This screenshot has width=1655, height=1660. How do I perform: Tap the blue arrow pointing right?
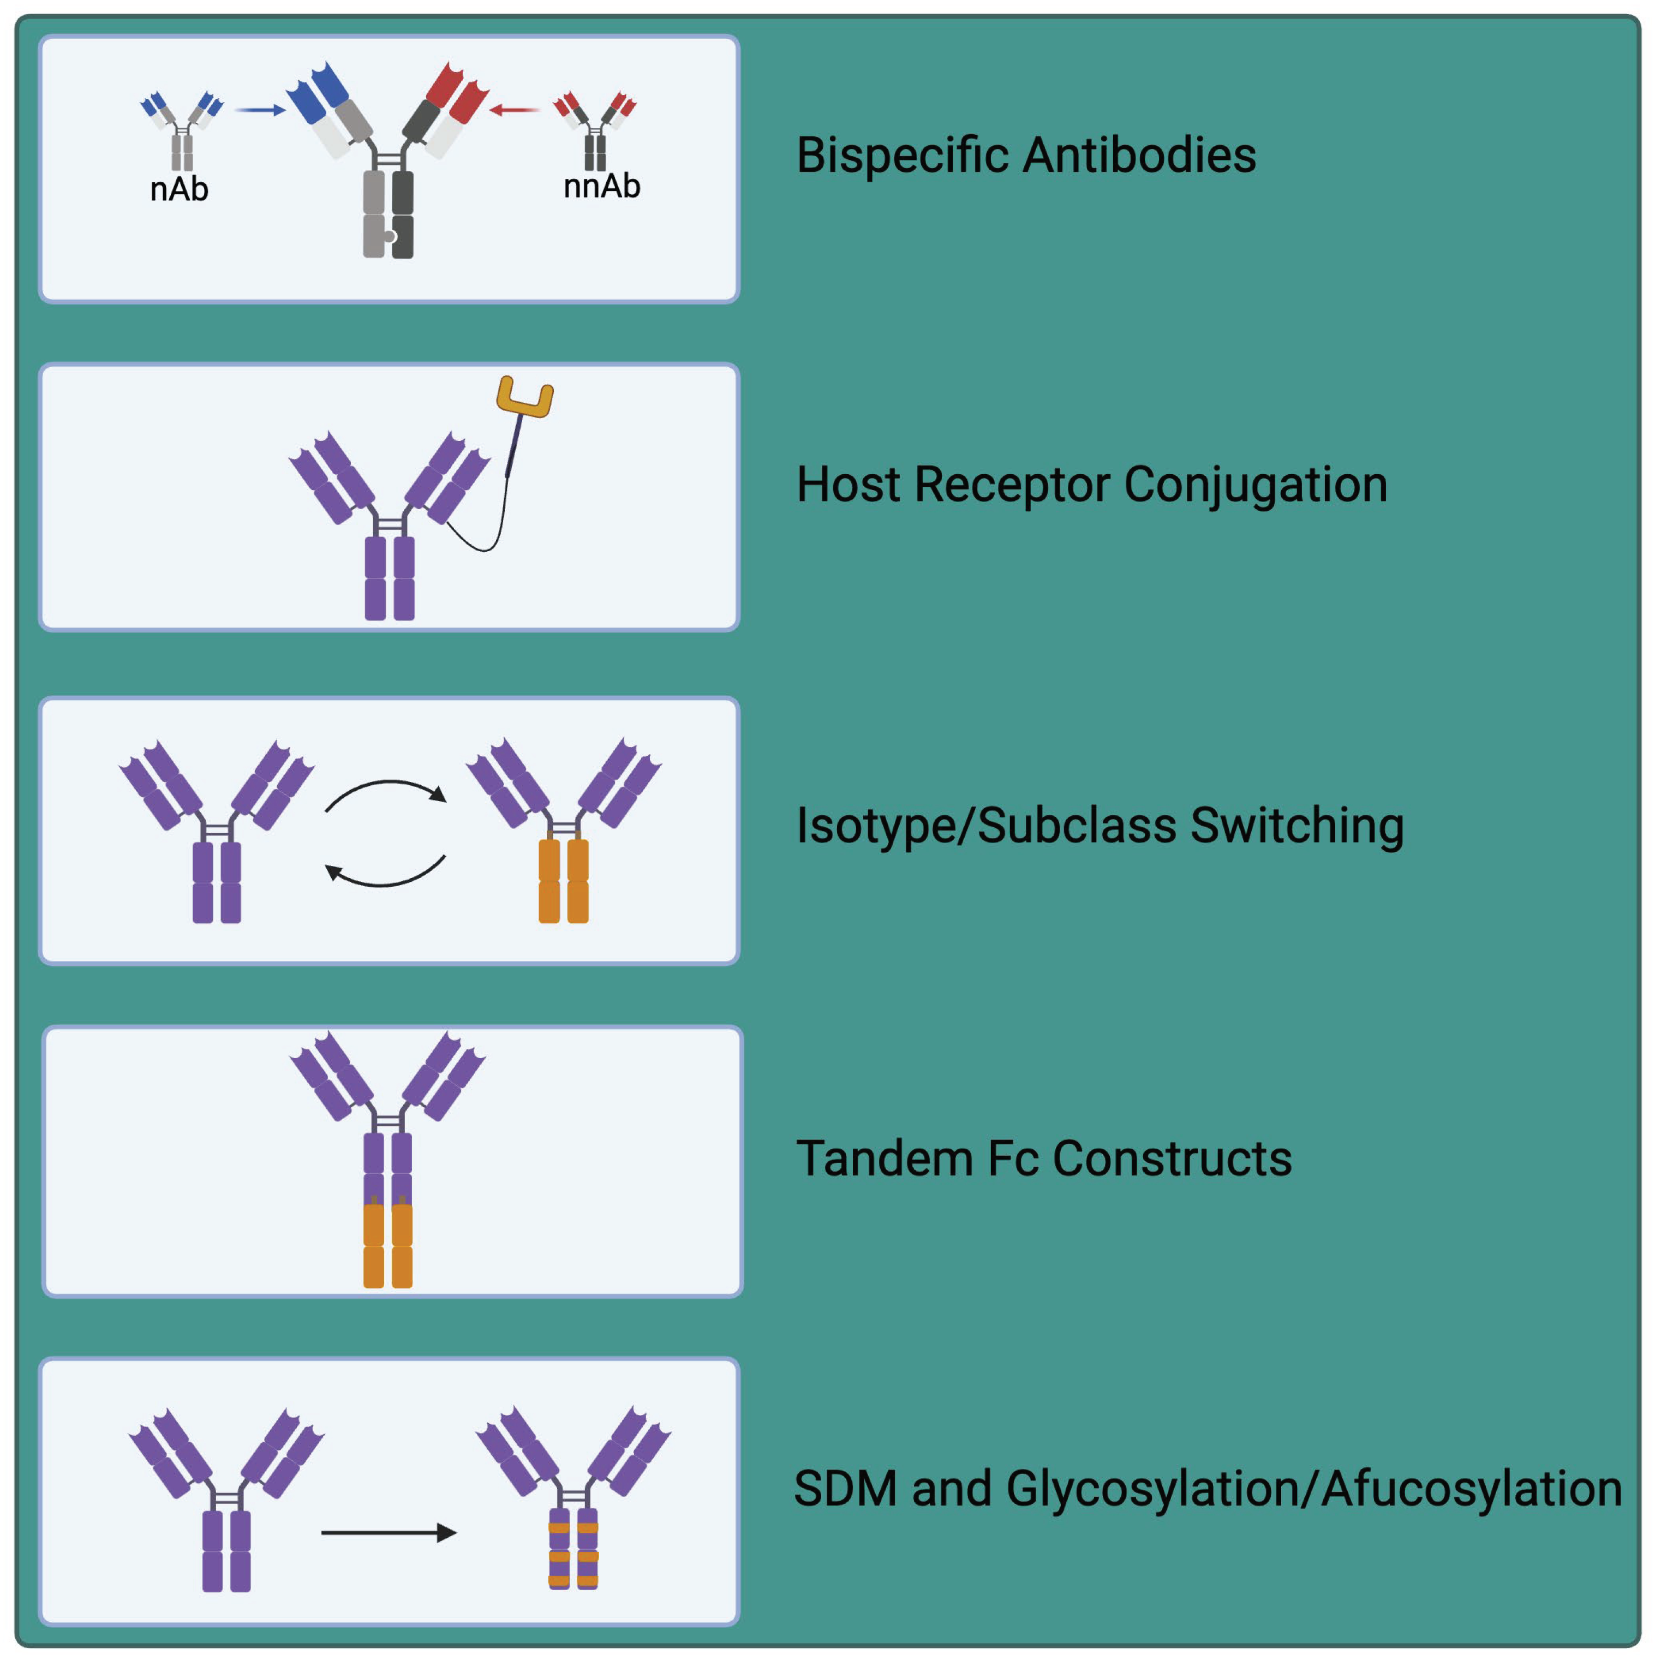260,110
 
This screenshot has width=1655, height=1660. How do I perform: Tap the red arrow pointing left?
514,110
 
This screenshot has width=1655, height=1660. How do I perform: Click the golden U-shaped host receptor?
524,397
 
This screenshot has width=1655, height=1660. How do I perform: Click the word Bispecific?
903,156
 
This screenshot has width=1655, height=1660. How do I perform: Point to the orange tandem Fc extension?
387,1245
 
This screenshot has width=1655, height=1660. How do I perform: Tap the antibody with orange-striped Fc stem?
573,1500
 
